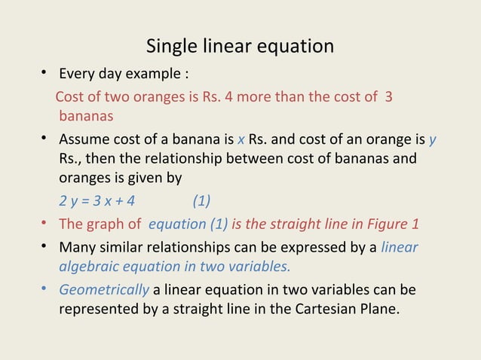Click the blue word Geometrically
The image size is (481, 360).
(x=104, y=289)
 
